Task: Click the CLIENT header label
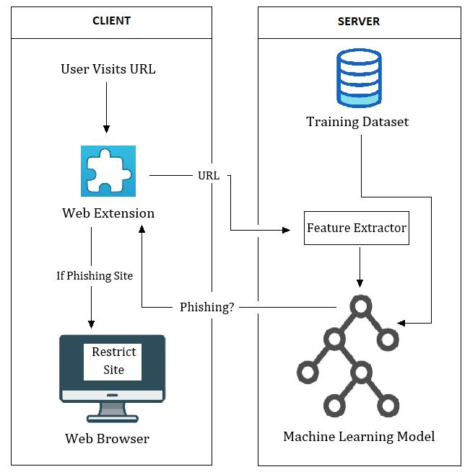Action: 111,21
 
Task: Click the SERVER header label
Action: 359,21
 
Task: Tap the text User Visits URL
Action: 108,69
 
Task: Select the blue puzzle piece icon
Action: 108,171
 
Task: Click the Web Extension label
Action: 108,213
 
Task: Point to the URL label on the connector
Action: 209,175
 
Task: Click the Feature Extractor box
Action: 357,228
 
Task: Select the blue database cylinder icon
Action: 359,78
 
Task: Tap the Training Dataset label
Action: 357,122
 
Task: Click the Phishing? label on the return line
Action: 206,307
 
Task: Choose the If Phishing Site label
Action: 95,275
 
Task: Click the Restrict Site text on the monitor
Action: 113,361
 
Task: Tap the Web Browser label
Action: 108,438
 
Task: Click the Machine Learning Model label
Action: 359,437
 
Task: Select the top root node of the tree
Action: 360,306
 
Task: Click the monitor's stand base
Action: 112,417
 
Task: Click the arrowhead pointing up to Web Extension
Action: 142,228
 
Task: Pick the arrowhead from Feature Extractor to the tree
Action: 360,282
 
